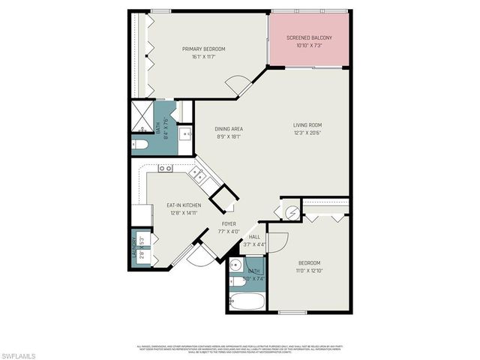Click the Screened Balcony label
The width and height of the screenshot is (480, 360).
click(310, 37)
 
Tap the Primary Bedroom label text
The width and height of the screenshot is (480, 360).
click(204, 49)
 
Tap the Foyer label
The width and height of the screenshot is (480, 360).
click(229, 223)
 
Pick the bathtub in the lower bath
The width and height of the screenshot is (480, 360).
click(246, 302)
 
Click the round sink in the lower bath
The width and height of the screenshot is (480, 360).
click(235, 265)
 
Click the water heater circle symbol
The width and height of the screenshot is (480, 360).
click(291, 212)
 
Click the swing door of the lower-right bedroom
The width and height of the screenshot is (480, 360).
click(277, 242)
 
